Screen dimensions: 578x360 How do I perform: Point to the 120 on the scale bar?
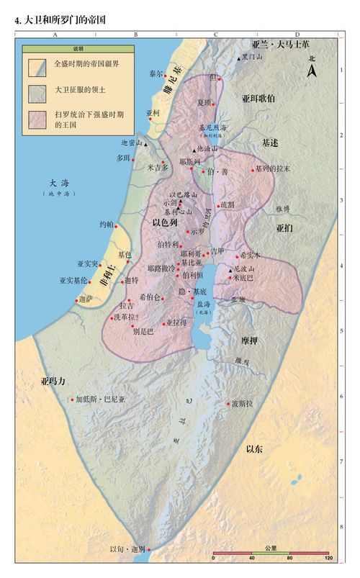coord(328,559)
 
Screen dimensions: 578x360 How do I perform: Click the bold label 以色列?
coord(165,223)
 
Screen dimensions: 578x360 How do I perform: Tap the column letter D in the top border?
coord(297,34)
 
